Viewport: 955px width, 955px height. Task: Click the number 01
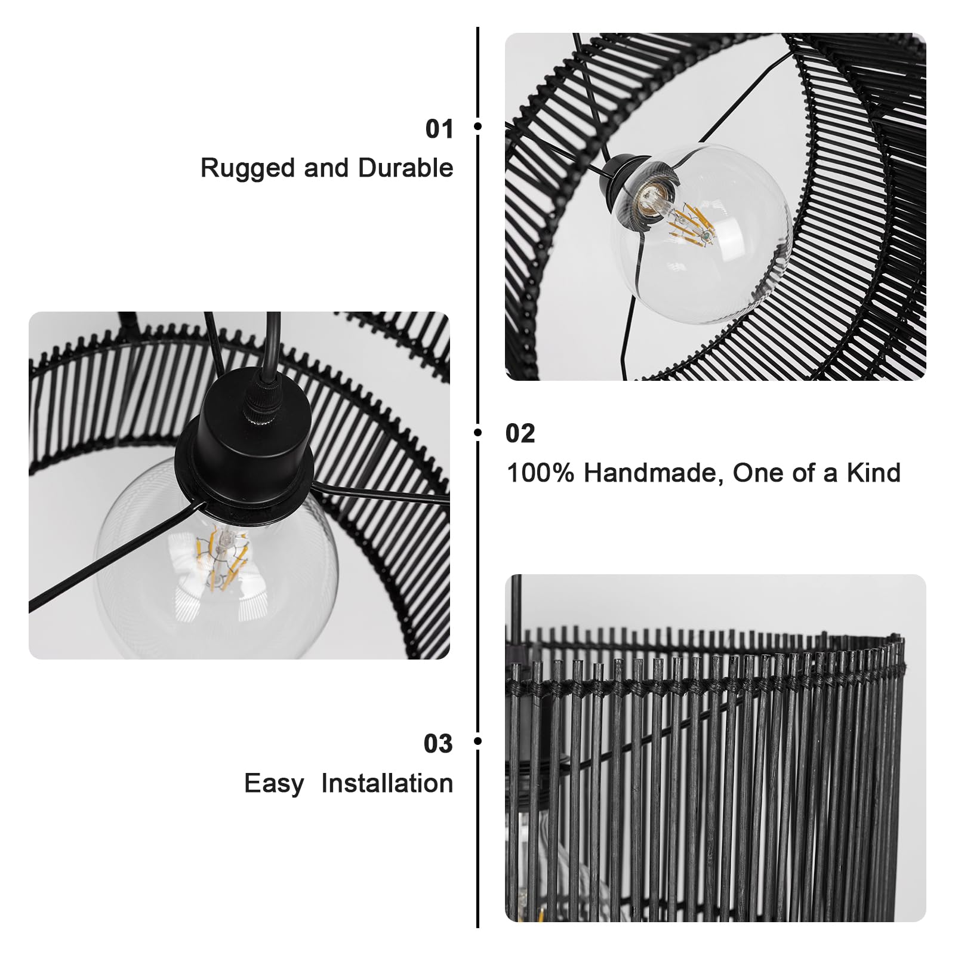[439, 129]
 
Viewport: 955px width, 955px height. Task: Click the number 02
[520, 433]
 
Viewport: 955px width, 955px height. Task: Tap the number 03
[438, 744]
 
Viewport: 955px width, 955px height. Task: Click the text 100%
[540, 473]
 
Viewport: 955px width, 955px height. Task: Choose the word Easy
[273, 784]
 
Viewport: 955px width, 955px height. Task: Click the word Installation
[387, 783]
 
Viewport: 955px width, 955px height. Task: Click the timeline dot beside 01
[478, 126]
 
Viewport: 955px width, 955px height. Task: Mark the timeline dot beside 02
[478, 432]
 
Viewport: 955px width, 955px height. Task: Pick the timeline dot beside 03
[478, 741]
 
